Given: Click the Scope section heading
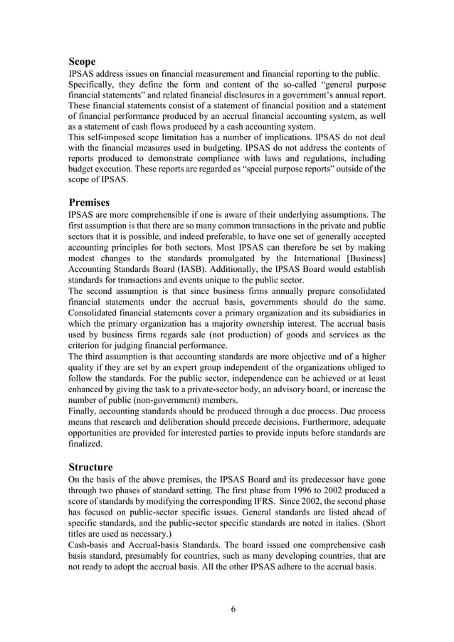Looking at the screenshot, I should click(x=82, y=62).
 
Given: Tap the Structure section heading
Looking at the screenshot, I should click(x=90, y=467).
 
